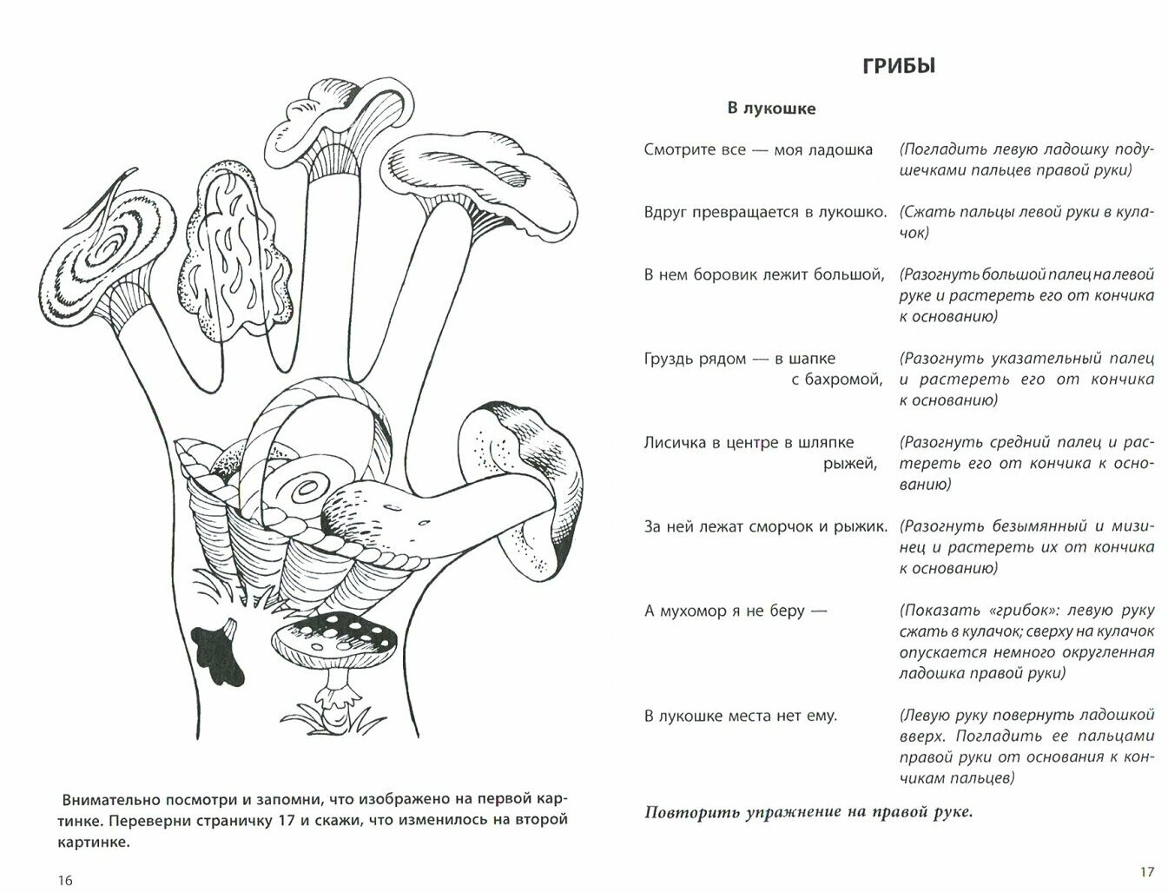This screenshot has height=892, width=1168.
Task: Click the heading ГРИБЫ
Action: pyautogui.click(x=899, y=67)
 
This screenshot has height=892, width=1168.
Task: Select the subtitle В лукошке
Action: pyautogui.click(x=771, y=109)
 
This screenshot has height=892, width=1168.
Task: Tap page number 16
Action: pyautogui.click(x=64, y=879)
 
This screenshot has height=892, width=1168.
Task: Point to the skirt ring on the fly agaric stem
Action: pyautogui.click(x=336, y=694)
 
